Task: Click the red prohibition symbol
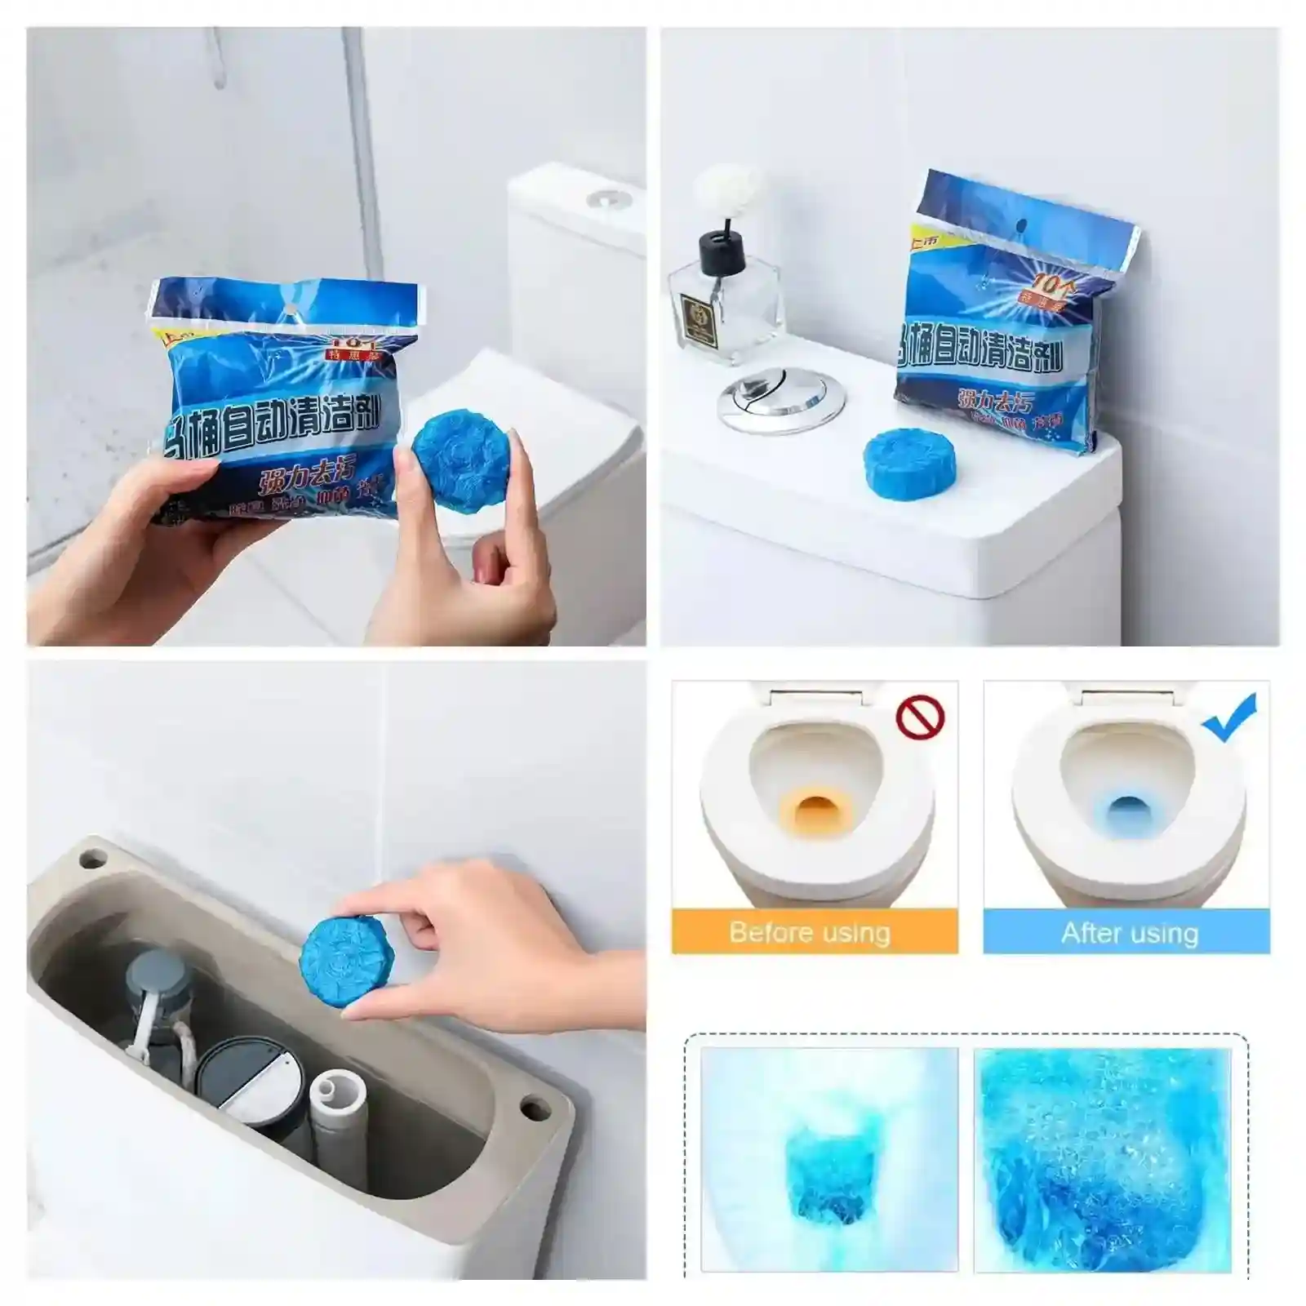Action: (920, 717)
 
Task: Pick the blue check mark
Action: (1230, 717)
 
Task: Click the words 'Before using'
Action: (810, 932)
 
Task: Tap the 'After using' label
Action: (1130, 932)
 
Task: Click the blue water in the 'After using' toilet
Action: (1126, 813)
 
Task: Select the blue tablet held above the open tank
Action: (340, 955)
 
